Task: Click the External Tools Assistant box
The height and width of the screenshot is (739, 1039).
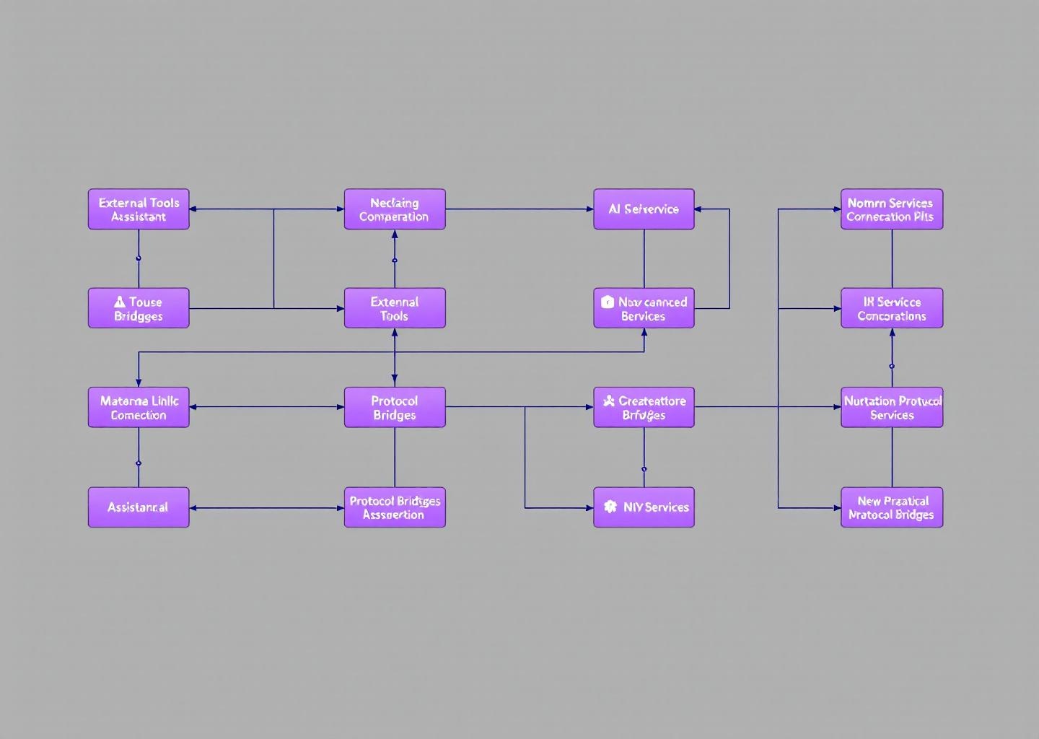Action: click(139, 209)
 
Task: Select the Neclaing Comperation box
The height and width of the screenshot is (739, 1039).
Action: click(395, 209)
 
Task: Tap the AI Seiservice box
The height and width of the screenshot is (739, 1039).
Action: click(644, 209)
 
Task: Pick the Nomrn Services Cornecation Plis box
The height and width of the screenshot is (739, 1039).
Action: click(892, 209)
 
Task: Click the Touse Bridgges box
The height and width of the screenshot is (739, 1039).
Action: click(139, 308)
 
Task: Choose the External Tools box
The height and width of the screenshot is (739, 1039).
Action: click(395, 308)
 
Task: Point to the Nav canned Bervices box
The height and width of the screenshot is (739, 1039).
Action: click(644, 308)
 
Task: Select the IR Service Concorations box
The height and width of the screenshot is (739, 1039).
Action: click(892, 308)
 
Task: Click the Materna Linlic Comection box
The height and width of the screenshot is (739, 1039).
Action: click(139, 407)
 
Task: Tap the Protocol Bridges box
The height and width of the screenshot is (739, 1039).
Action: click(395, 407)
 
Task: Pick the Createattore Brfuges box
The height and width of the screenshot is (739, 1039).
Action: click(644, 407)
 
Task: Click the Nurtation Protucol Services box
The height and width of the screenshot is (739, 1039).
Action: click(892, 407)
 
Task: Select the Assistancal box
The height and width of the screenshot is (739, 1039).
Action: click(139, 507)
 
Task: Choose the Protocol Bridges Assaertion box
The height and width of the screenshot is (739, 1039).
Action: click(395, 507)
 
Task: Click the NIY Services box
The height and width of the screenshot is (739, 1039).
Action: click(644, 507)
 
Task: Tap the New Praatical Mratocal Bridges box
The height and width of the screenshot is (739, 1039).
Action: click(892, 507)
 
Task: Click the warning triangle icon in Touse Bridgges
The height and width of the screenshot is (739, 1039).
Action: click(120, 302)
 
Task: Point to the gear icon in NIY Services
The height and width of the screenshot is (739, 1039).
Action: click(610, 507)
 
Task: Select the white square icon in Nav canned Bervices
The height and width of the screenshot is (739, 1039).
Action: click(608, 302)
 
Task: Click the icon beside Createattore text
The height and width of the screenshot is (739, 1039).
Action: click(609, 401)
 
